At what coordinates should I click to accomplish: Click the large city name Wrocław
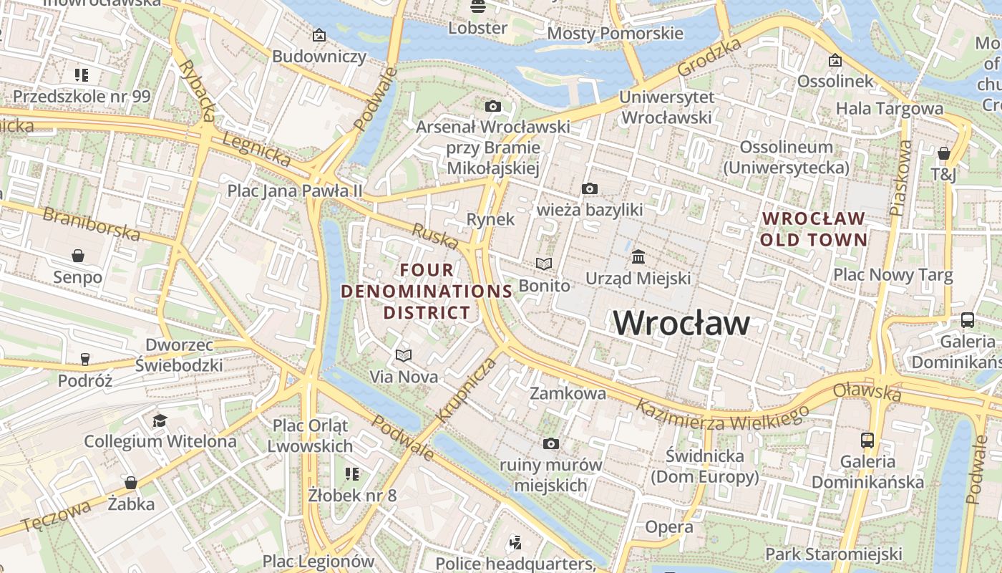(681, 323)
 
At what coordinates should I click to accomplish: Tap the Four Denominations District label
(427, 292)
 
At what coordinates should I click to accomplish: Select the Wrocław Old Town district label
(814, 229)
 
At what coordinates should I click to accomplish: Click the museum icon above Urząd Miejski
(638, 256)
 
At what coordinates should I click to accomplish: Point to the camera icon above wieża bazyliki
(589, 188)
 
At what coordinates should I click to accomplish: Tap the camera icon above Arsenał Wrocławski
(492, 107)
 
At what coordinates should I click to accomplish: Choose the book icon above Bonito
(544, 264)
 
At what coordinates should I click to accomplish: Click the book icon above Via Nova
(404, 355)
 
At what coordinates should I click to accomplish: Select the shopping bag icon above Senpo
(77, 256)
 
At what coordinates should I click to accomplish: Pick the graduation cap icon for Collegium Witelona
(160, 420)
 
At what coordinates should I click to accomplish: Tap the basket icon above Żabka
(130, 483)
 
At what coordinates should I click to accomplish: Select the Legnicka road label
(256, 148)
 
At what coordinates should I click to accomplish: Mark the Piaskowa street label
(901, 178)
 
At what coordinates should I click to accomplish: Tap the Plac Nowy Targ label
(892, 275)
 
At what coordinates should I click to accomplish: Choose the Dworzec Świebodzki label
(180, 355)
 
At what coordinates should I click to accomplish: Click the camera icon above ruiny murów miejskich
(550, 444)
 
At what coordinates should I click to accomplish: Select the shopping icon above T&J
(943, 153)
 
